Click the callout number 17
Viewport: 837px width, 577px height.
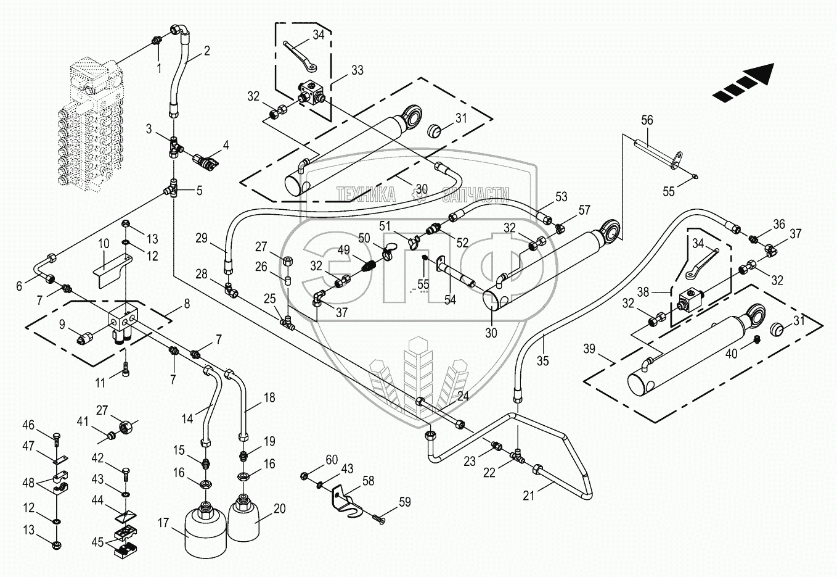click(x=163, y=523)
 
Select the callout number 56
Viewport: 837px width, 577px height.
click(x=647, y=120)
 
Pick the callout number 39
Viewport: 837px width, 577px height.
click(x=589, y=349)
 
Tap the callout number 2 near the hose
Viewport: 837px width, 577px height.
click(x=206, y=51)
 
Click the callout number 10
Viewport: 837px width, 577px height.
click(x=104, y=244)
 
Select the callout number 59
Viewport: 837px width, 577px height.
click(x=404, y=502)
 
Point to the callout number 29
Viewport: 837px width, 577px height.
click(x=202, y=238)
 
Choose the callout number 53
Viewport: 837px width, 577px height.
click(x=561, y=197)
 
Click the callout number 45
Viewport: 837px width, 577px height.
click(x=98, y=542)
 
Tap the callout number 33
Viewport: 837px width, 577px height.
click(x=357, y=70)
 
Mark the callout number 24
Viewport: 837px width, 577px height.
click(x=463, y=396)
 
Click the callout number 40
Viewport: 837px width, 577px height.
click(x=731, y=354)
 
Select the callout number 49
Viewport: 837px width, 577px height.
click(x=343, y=250)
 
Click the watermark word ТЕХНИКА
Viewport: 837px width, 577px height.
click(x=365, y=195)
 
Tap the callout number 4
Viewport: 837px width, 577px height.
click(x=226, y=146)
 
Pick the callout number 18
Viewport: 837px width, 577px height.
click(x=269, y=397)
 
